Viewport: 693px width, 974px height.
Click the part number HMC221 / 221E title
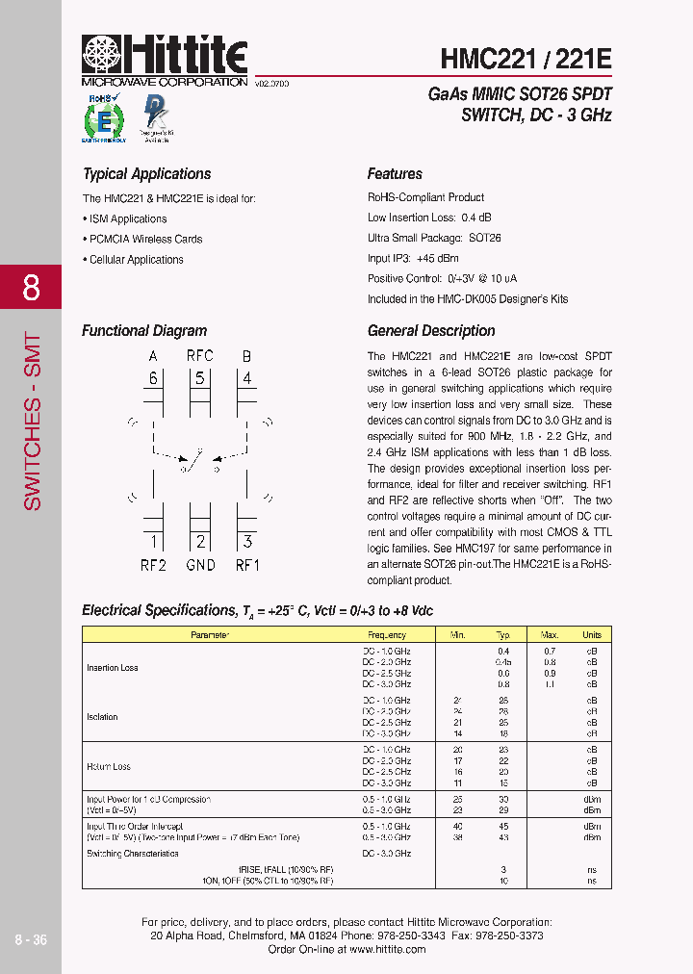[526, 59]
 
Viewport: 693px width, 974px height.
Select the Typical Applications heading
[146, 174]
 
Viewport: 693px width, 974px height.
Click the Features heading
[395, 174]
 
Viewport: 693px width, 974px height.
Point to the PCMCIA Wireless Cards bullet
[142, 239]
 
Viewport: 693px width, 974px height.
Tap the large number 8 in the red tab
[31, 287]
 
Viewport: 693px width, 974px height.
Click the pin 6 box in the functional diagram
[153, 377]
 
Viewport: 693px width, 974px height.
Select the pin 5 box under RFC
[200, 377]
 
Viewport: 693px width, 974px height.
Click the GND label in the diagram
[200, 565]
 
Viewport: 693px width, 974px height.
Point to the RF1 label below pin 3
[247, 565]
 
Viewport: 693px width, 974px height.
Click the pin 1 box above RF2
[153, 542]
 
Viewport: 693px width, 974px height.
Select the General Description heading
[431, 331]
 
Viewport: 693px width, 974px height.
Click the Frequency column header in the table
[387, 635]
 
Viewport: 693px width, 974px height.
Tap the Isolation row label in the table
[102, 717]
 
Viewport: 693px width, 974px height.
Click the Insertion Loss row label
[113, 668]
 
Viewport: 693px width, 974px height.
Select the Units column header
[592, 635]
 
